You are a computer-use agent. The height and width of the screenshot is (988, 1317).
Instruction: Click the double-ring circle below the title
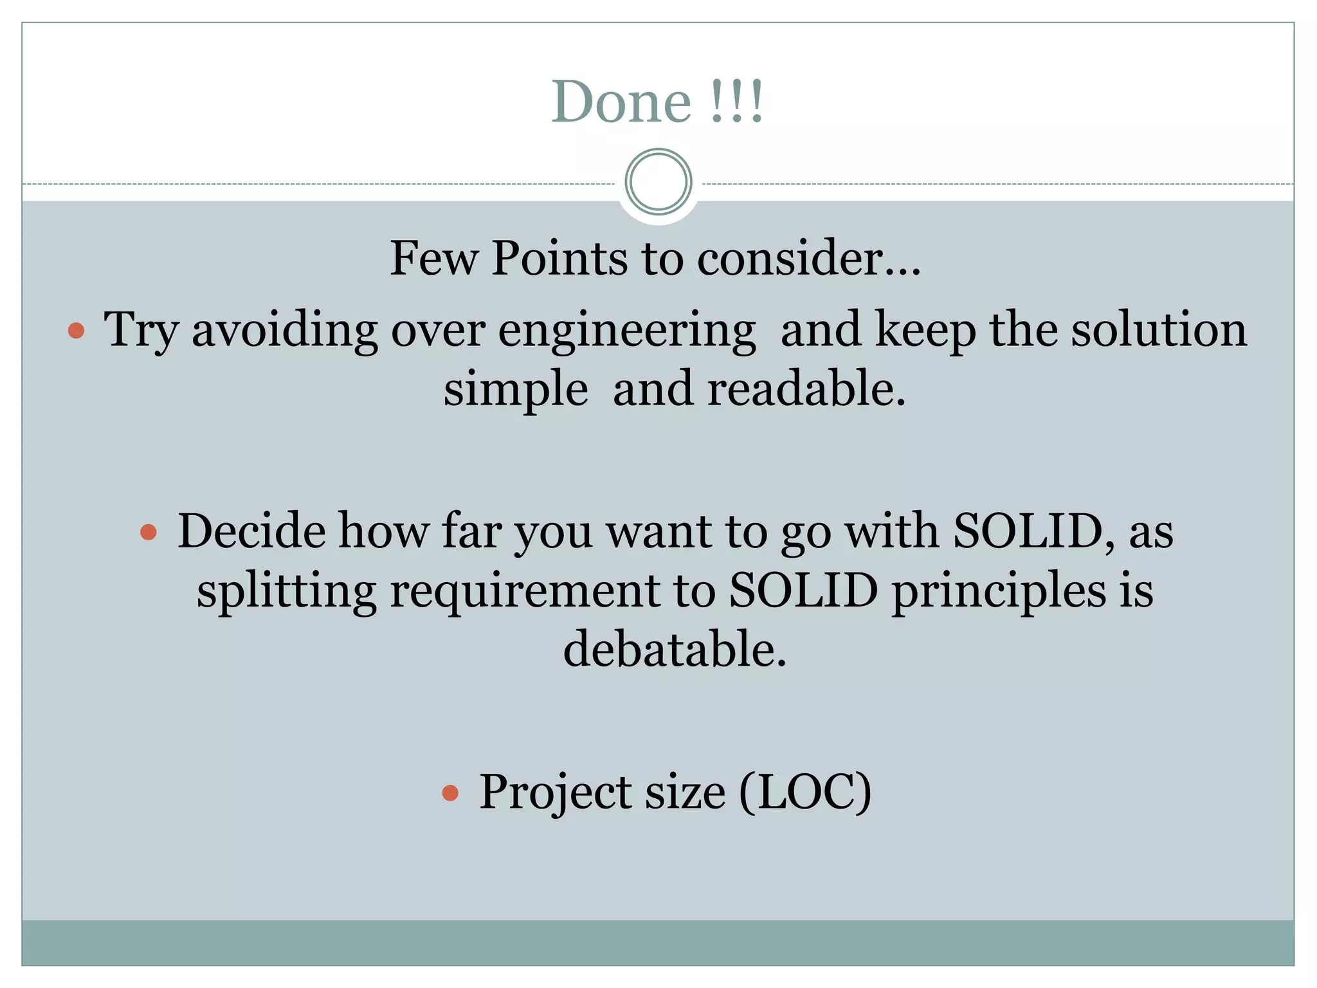(658, 181)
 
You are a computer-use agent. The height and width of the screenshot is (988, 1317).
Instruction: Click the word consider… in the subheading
(809, 259)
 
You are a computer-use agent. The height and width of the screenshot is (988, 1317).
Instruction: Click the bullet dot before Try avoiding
(77, 331)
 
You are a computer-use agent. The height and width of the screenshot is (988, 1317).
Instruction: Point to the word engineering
(627, 331)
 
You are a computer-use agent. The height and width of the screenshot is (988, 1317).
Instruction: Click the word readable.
(806, 390)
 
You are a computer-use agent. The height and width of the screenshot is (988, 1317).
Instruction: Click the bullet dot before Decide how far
(149, 532)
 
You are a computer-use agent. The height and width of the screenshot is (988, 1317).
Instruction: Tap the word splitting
(286, 592)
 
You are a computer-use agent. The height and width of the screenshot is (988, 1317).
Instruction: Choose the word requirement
(525, 592)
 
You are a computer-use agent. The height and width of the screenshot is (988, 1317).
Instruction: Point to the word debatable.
(675, 650)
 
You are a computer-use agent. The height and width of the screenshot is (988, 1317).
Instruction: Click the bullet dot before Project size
(450, 793)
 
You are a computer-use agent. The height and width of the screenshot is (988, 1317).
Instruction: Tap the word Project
(556, 793)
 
